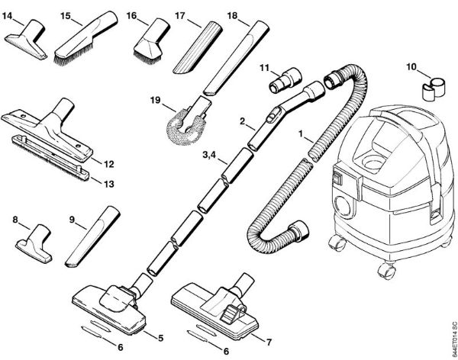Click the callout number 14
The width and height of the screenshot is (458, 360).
tap(14, 14)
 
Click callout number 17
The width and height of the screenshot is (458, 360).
tap(180, 15)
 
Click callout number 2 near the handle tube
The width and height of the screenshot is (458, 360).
tap(242, 121)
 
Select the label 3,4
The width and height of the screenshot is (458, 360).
tap(209, 157)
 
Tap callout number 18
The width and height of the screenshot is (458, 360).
tap(233, 15)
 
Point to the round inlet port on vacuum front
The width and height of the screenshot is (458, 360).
tap(346, 207)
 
